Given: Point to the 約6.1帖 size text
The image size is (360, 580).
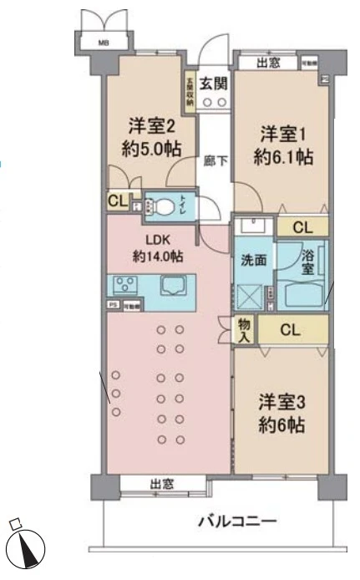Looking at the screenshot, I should pos(283,156).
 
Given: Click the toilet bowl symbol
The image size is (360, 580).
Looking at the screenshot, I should pos(165,203).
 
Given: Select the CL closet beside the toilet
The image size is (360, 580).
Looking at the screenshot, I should pos(117,201).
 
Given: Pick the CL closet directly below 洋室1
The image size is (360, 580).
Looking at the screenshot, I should pos(302,226).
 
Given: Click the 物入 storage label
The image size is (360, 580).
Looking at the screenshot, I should pos(245,329).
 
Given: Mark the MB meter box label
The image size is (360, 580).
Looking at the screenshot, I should pos(103,43).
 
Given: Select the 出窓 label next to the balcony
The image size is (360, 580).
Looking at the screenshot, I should pos(161,483).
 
